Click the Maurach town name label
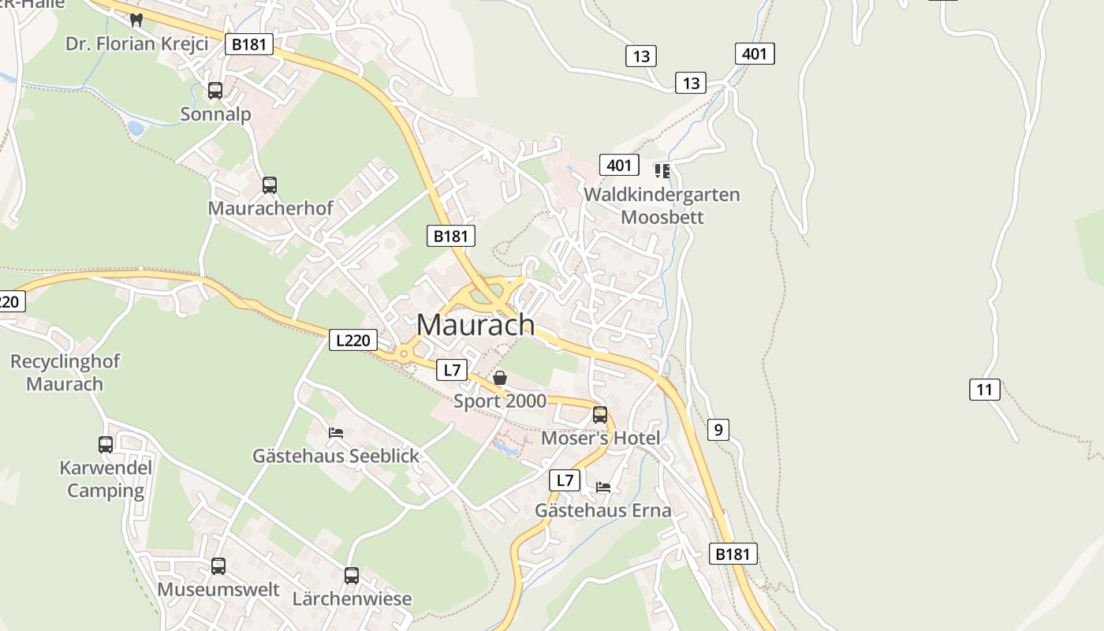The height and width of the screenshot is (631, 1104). point(476,324)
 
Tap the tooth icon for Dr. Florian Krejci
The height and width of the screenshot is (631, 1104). point(136,21)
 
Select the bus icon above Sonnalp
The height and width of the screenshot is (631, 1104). point(215,91)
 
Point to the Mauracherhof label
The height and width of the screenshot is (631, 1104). point(270,208)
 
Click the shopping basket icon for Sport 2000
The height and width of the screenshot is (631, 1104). point(499,379)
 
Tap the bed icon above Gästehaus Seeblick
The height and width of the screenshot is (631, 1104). point(336,432)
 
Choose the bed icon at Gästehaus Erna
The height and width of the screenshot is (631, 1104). point(603,487)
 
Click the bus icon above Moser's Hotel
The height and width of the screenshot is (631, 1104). point(600,414)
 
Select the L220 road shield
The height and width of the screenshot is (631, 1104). point(352,340)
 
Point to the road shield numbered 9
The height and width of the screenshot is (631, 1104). point(717,429)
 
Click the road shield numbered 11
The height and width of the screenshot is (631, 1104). point(984,389)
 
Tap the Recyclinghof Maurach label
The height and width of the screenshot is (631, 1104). point(65,373)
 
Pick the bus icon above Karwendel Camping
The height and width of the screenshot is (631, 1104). point(106,444)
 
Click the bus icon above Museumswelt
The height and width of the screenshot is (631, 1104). point(218,566)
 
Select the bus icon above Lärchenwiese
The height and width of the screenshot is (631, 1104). point(352,575)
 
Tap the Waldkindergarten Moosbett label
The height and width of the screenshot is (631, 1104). point(662,205)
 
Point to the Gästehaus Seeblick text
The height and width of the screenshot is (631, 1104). point(336,456)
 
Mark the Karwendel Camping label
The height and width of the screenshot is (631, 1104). point(106,479)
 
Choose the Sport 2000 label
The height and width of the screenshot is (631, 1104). point(499,401)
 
